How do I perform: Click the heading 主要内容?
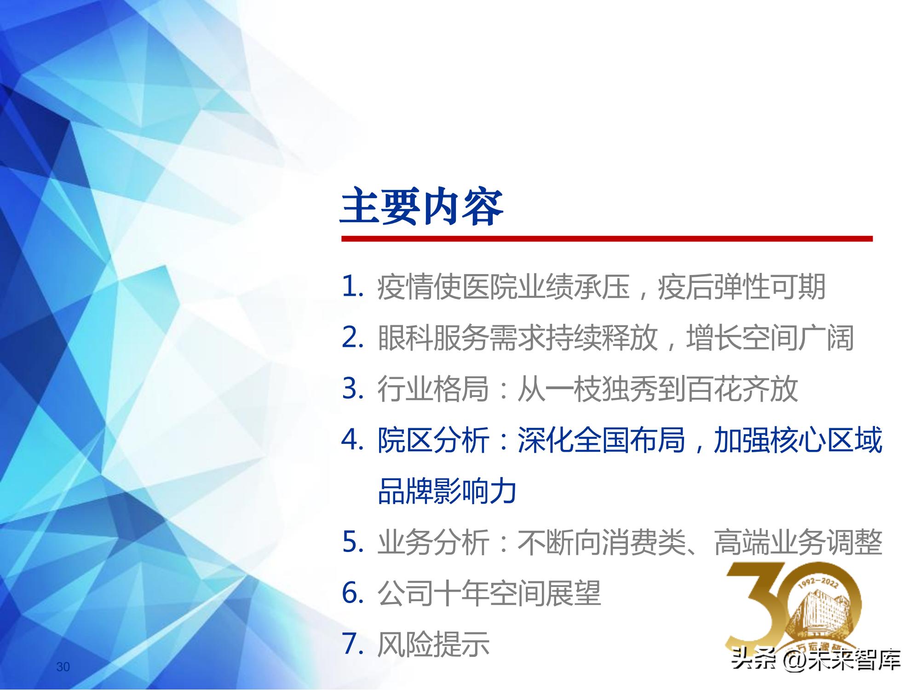tap(422, 207)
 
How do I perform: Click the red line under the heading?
tap(607, 239)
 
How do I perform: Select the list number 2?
tap(353, 338)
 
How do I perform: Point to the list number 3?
tap(353, 389)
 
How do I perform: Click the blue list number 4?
tap(353, 440)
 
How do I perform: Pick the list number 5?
tap(353, 542)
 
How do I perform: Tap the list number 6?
tap(353, 593)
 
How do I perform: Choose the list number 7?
tap(353, 644)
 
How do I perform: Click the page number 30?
tap(63, 667)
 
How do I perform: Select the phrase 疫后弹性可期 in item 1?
tap(742, 287)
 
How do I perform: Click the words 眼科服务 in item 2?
tap(432, 338)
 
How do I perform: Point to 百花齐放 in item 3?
tap(742, 389)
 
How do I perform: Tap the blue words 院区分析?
tap(432, 440)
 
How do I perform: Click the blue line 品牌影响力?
tap(447, 491)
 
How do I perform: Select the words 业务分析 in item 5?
tap(432, 542)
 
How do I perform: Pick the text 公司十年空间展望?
tap(489, 593)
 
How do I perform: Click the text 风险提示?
tap(432, 644)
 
